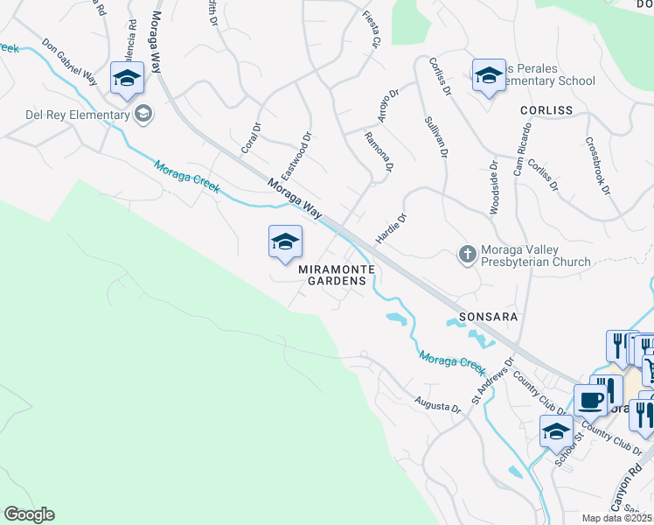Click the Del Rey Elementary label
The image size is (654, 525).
click(x=65, y=114)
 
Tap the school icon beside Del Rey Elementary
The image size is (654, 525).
click(x=143, y=114)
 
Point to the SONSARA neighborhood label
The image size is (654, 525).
click(x=489, y=316)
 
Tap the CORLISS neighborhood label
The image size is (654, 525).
click(x=546, y=110)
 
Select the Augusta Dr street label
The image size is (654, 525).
click(x=437, y=406)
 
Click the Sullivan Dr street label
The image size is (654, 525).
click(x=435, y=137)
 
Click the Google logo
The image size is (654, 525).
click(x=29, y=514)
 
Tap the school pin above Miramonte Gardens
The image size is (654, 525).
click(x=285, y=242)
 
